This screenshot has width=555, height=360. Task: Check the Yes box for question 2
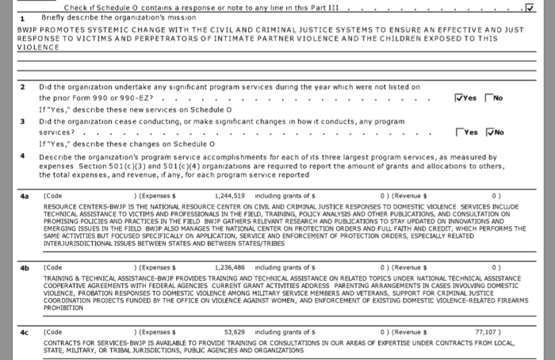(460, 98)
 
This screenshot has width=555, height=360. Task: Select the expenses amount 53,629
(235, 331)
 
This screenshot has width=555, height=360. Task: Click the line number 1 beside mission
(22, 17)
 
